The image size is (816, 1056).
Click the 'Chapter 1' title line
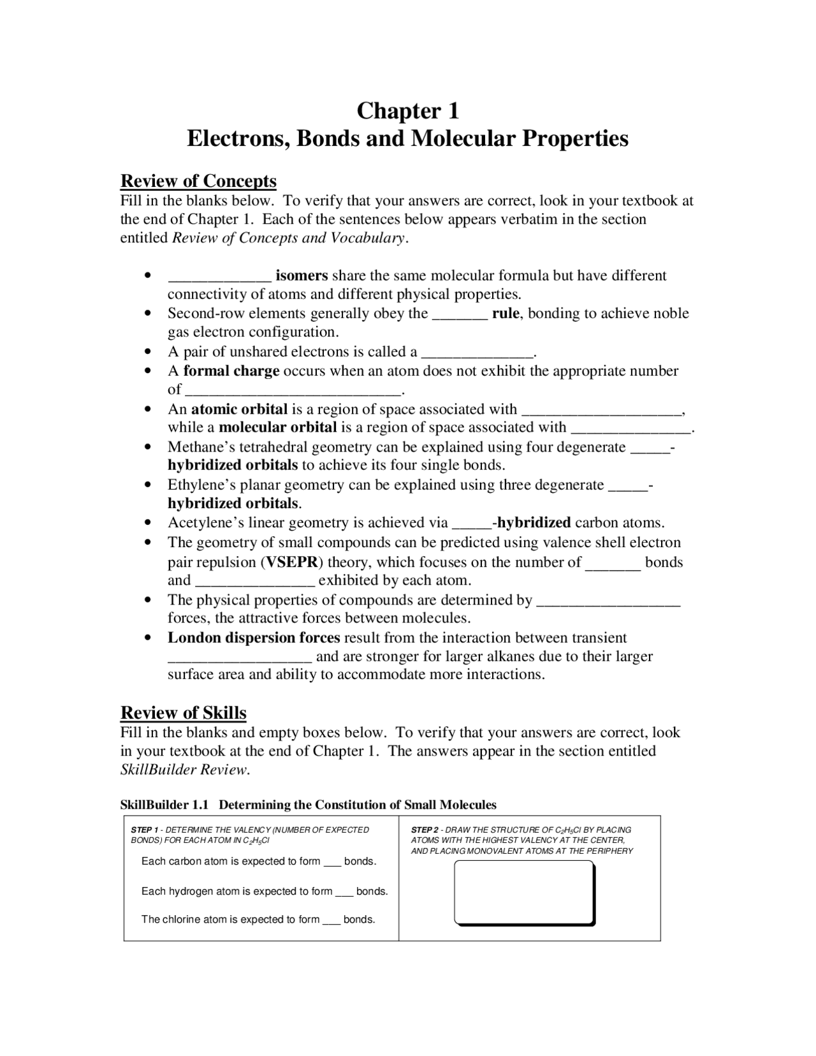click(x=407, y=110)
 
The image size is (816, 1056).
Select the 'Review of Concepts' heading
click(x=198, y=181)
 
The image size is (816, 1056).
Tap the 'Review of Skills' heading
click(x=184, y=713)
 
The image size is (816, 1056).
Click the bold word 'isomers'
click(x=302, y=275)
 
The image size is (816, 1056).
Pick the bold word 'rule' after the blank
click(x=506, y=313)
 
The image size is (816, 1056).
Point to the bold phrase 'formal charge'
click(x=231, y=370)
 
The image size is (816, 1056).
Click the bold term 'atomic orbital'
click(x=239, y=409)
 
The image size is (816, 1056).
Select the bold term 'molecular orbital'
click(x=277, y=427)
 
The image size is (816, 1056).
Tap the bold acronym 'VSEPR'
click(x=291, y=562)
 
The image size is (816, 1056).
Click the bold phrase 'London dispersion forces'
click(x=254, y=638)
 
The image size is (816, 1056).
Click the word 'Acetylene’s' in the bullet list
click(x=206, y=523)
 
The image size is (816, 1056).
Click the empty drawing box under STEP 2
click(x=523, y=892)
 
